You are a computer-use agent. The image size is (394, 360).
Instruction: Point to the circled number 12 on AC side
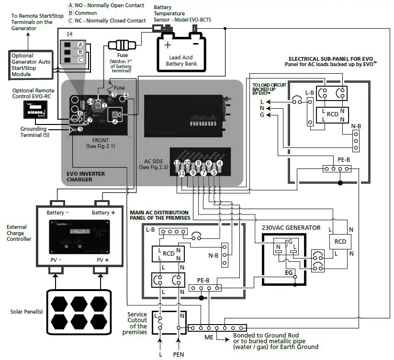(x=177, y=163)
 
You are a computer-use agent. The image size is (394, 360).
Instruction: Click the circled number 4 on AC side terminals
(x=219, y=163)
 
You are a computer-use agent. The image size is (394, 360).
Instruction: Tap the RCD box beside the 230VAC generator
(x=340, y=242)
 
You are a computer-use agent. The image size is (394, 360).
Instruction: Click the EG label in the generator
(x=289, y=272)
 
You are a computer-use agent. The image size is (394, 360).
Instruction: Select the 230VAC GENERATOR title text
(x=291, y=227)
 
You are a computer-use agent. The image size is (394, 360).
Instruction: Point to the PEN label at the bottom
(x=178, y=354)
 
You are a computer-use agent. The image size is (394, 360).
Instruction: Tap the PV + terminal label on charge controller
(x=103, y=260)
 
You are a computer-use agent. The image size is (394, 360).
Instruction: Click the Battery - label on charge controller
(x=57, y=213)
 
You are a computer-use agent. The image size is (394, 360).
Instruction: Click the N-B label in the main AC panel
(x=214, y=255)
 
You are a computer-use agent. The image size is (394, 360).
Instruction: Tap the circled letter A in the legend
(x=70, y=5)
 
